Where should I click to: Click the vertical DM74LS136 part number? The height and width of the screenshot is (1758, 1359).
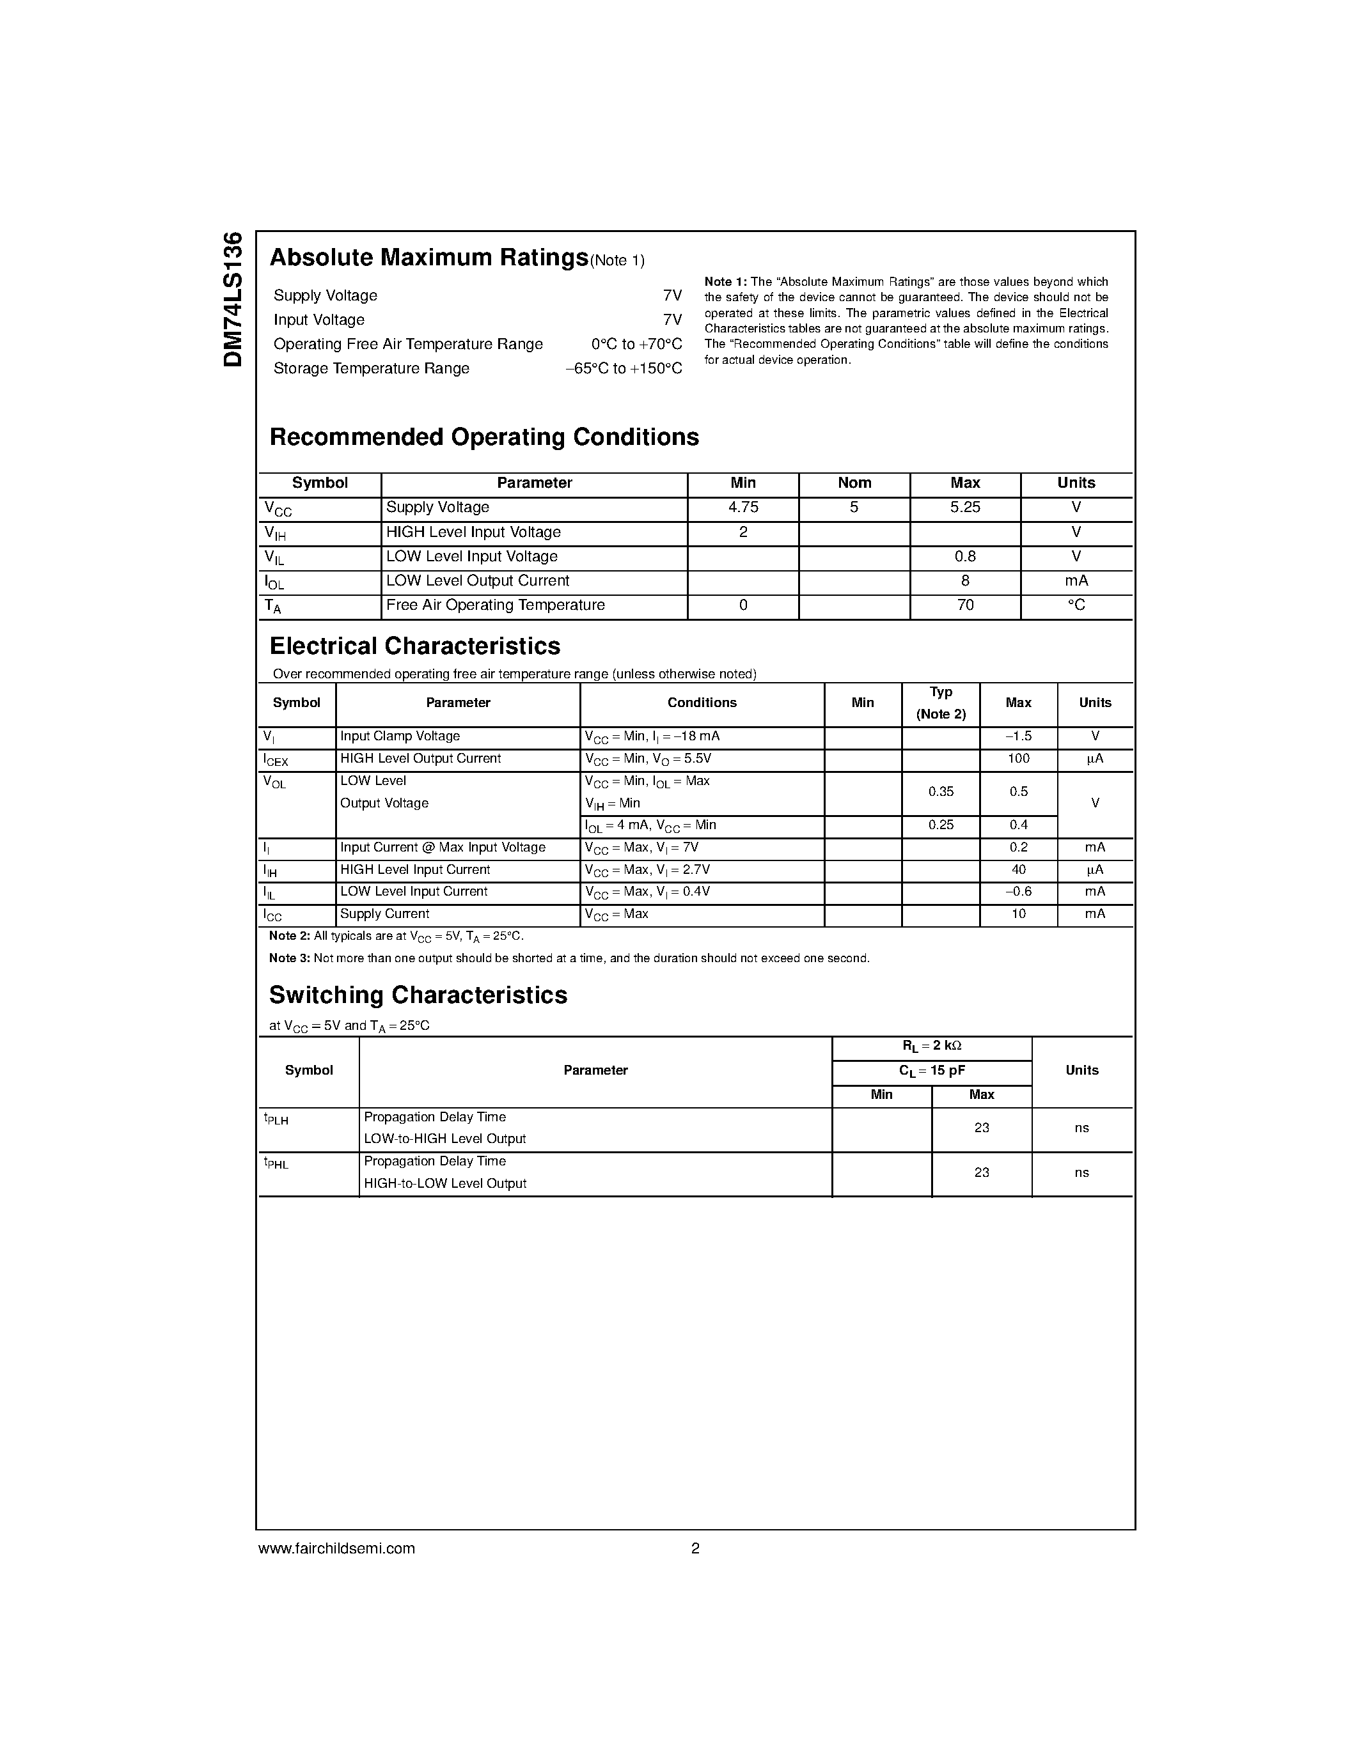point(233,299)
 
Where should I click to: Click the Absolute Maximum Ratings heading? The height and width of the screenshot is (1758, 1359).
point(428,258)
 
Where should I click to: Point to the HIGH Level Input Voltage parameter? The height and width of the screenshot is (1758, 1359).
point(473,532)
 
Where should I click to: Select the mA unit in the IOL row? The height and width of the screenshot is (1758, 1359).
point(1076,581)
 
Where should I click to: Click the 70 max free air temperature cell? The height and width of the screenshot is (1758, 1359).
point(964,605)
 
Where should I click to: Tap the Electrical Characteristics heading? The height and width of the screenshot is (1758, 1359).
point(414,646)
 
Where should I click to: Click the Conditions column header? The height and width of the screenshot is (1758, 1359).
point(701,703)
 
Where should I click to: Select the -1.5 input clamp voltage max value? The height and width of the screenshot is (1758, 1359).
point(1017,736)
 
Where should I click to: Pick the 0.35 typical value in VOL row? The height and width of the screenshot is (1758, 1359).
point(940,792)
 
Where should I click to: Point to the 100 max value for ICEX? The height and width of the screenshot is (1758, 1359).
point(1017,759)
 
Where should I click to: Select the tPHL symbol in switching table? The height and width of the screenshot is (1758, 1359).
point(276,1163)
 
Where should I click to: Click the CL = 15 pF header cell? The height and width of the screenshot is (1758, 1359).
point(932,1071)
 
